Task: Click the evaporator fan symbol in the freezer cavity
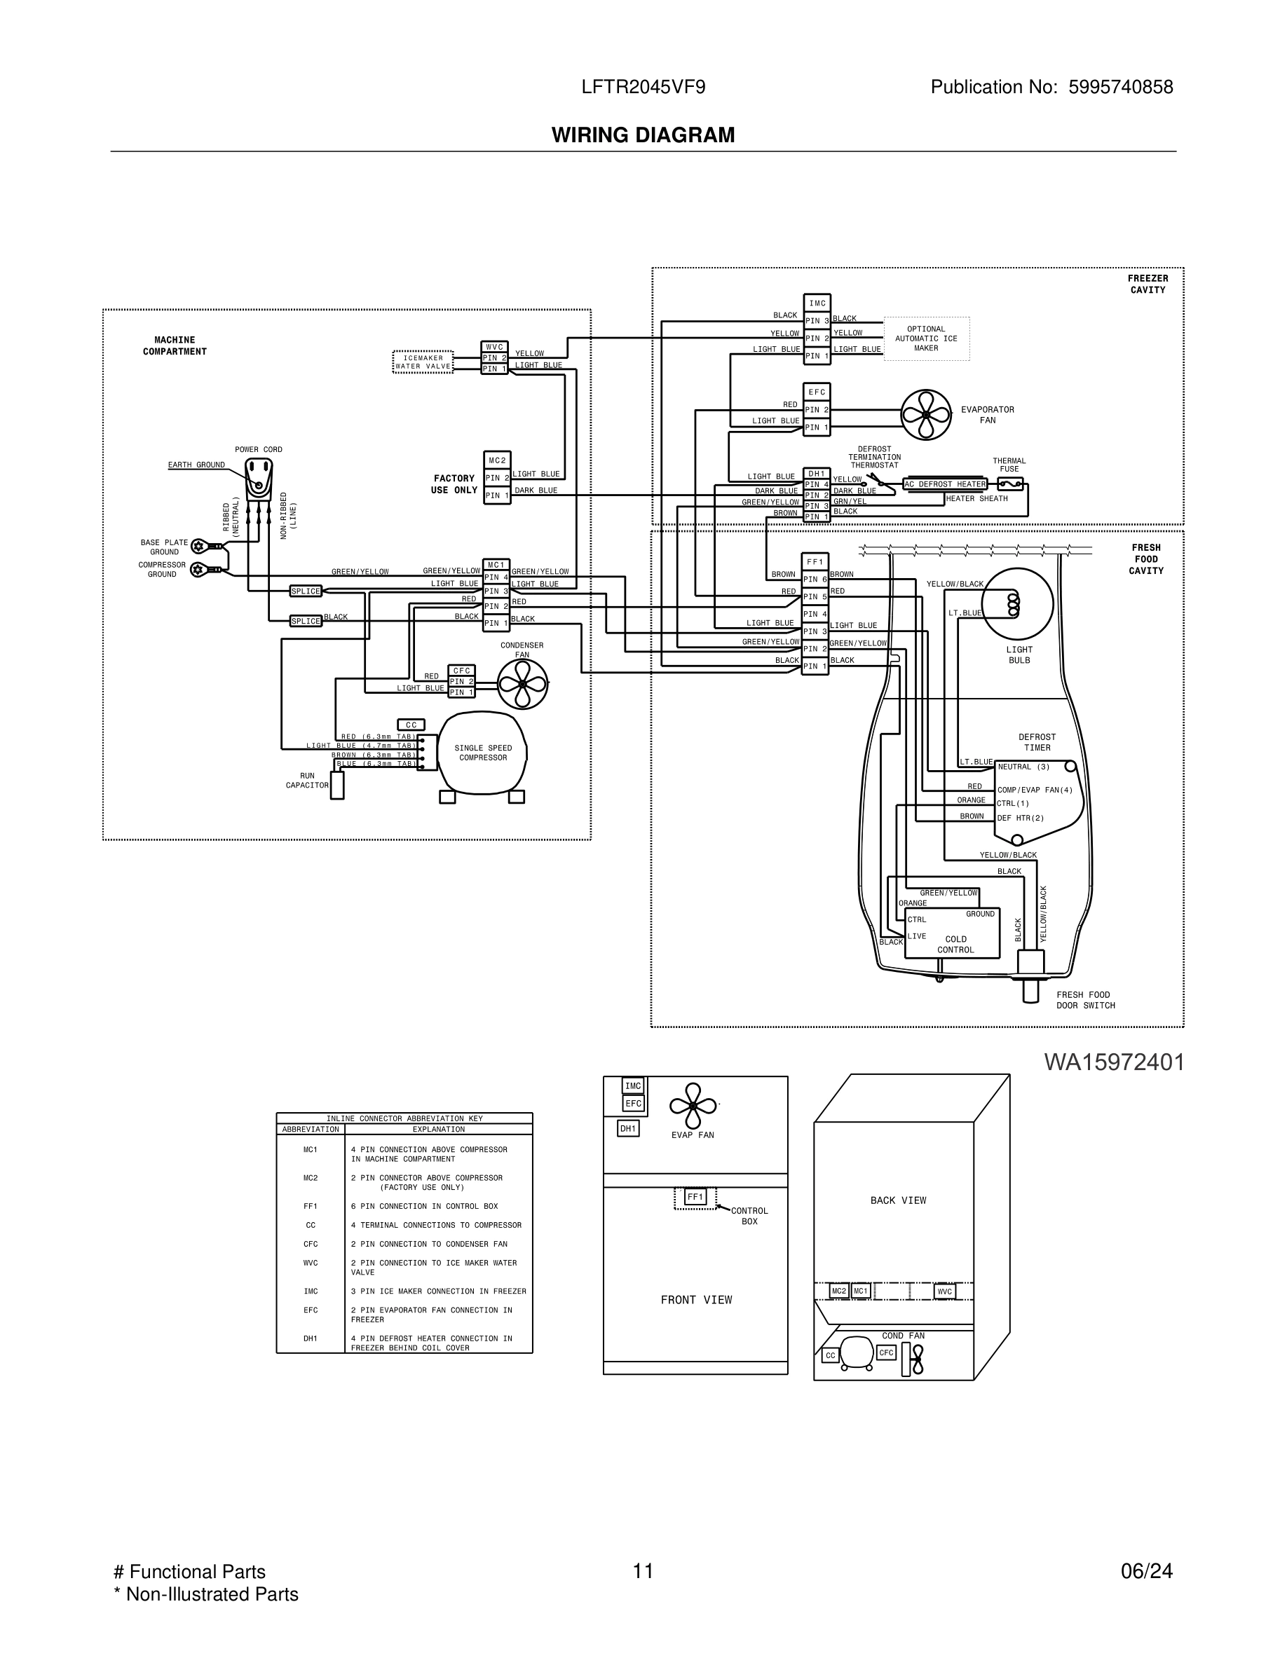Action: coord(925,415)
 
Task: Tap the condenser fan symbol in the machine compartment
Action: coord(522,684)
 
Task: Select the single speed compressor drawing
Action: coord(482,753)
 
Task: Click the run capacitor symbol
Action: coord(337,786)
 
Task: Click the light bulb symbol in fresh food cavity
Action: coord(1017,604)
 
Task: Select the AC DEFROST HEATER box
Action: coord(945,484)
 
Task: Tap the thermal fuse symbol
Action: coord(1009,484)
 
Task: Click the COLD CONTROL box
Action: coord(951,933)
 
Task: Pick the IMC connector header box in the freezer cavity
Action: coord(817,303)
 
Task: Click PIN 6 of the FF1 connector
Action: coord(815,580)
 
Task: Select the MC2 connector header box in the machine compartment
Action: coord(497,460)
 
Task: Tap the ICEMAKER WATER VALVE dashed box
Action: coord(423,362)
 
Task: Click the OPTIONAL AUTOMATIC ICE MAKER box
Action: coord(927,338)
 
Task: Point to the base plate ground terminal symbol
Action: coord(199,546)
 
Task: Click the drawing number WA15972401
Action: coord(1114,1063)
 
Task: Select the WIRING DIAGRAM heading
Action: coord(643,135)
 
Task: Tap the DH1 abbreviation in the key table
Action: coord(311,1338)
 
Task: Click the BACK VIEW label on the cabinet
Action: coord(898,1200)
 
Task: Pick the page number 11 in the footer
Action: coord(643,1571)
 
